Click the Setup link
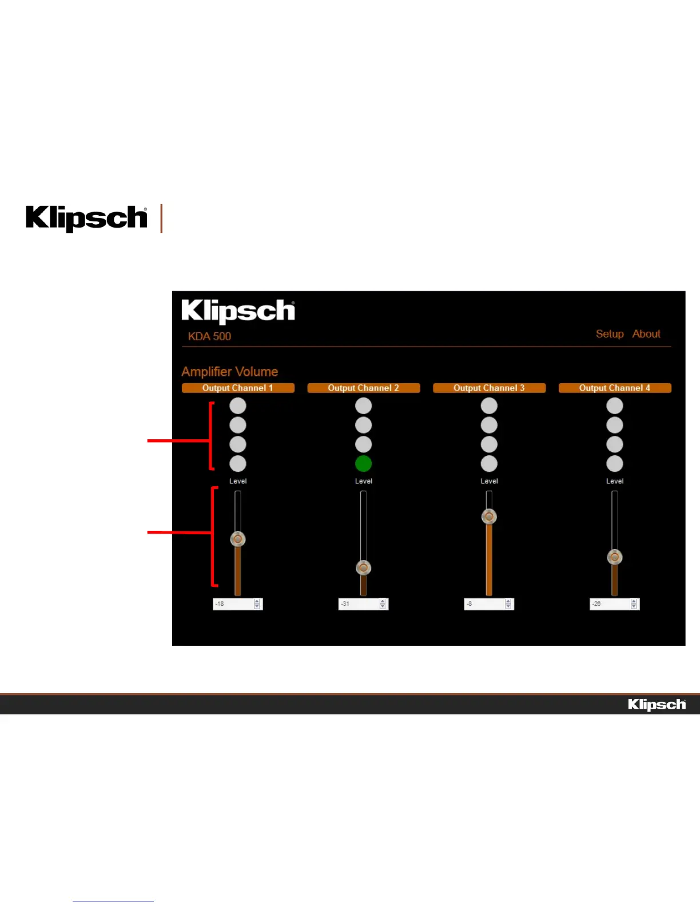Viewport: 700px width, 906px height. tap(610, 334)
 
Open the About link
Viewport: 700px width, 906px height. tap(646, 334)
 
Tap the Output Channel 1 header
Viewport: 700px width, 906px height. tap(238, 388)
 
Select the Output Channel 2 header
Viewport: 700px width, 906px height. tap(364, 388)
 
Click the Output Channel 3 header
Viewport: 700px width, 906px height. tap(489, 388)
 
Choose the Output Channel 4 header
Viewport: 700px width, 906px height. tap(615, 388)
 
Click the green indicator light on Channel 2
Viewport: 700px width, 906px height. tap(364, 464)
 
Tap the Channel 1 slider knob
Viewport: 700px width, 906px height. tap(238, 539)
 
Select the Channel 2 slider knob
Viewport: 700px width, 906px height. tap(364, 568)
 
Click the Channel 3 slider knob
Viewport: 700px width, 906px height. tap(489, 517)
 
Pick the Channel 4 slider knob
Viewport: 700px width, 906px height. tap(615, 557)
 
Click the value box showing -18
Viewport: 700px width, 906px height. tap(233, 604)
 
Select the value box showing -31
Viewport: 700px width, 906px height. tap(359, 604)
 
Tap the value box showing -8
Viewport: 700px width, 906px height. tap(484, 604)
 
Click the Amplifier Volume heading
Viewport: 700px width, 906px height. tap(230, 372)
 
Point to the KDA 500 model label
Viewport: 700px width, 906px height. tap(210, 336)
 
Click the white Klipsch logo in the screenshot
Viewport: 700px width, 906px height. tap(238, 311)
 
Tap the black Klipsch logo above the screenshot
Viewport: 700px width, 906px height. tap(86, 218)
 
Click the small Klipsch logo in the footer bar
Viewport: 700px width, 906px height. tap(657, 705)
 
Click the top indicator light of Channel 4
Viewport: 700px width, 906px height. tap(615, 406)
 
